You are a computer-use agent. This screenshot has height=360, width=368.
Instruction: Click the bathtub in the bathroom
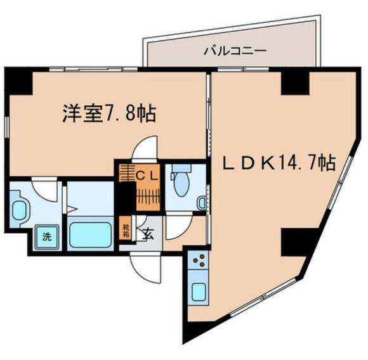click(x=89, y=234)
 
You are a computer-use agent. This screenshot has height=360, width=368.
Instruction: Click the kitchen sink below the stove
click(x=199, y=292)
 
